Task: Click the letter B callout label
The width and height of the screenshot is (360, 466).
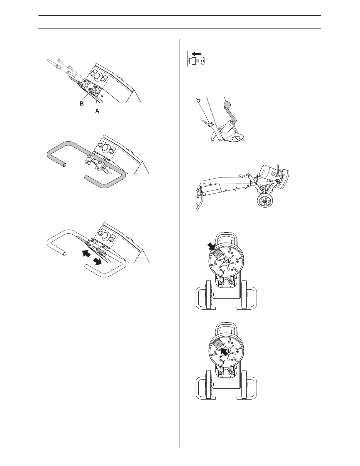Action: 82,103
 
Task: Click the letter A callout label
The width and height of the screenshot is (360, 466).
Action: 97,111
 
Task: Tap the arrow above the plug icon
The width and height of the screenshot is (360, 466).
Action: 196,54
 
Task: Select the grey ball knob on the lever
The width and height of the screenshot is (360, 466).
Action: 227,105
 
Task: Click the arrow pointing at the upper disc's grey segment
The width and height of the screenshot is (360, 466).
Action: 211,246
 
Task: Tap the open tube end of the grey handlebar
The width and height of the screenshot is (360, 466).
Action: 64,165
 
